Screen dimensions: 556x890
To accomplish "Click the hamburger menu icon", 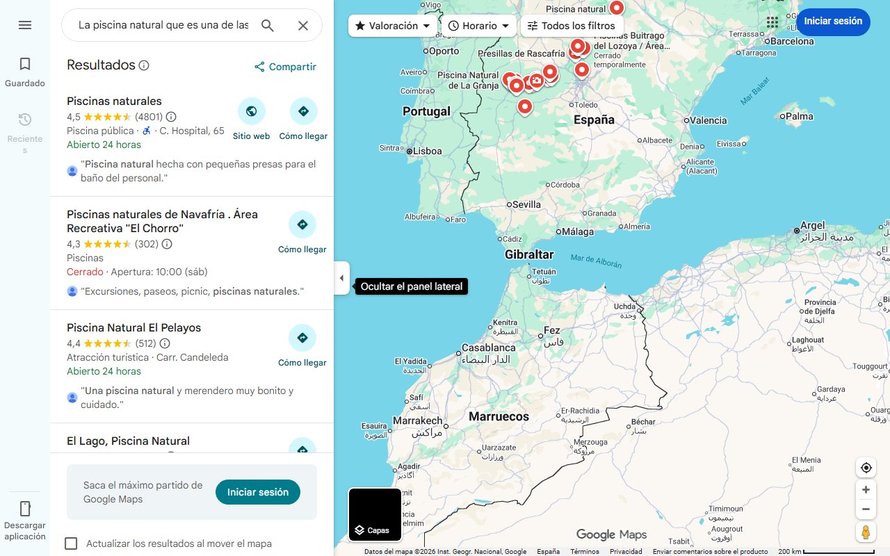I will [25, 25].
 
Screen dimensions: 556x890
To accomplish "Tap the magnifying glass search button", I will [268, 26].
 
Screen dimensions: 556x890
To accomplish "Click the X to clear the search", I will [303, 26].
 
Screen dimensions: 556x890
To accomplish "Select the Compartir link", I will [285, 67].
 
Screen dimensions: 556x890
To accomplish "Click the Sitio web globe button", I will [251, 111].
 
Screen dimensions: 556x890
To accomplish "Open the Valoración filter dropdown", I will [393, 26].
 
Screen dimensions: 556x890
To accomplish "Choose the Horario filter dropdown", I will [479, 26].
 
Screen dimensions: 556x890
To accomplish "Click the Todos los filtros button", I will [572, 26].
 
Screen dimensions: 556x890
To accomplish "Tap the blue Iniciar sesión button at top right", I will [833, 22].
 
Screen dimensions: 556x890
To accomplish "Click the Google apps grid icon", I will [772, 22].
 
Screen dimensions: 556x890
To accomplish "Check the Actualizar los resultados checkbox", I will [71, 543].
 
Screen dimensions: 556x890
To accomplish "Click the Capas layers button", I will [375, 514].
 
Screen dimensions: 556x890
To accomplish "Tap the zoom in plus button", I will [866, 490].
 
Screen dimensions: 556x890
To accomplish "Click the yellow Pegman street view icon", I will [866, 532].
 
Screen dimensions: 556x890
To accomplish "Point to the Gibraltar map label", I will [529, 255].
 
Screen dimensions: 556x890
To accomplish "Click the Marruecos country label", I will [499, 417].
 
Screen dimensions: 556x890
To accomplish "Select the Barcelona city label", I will [792, 41].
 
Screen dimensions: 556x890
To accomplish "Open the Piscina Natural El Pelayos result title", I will [133, 327].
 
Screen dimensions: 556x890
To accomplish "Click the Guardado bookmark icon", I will [25, 65].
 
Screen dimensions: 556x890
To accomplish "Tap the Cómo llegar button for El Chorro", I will [302, 225].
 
